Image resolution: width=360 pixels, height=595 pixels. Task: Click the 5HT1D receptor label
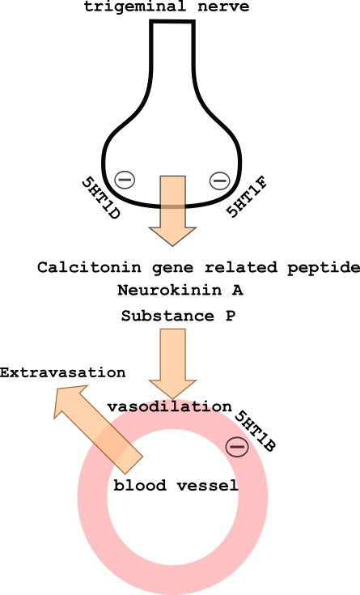100,198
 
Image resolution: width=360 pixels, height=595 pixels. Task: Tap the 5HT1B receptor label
255,431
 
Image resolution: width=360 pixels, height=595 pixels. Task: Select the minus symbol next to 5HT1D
125,179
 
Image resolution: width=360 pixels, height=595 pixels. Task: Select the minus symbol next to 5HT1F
220,181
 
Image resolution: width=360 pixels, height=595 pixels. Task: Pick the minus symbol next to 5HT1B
237,447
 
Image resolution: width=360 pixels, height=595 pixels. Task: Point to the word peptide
324,268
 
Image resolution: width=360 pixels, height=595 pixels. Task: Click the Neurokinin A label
180,291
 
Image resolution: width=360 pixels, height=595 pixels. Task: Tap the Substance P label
178,316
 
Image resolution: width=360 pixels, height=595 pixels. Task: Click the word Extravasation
62,372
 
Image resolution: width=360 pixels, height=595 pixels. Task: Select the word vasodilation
169,406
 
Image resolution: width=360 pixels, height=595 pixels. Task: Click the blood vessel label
176,486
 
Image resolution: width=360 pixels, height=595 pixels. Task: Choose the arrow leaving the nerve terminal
172,210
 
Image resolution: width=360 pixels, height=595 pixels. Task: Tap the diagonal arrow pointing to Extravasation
98,429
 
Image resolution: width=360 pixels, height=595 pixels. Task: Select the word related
240,267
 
